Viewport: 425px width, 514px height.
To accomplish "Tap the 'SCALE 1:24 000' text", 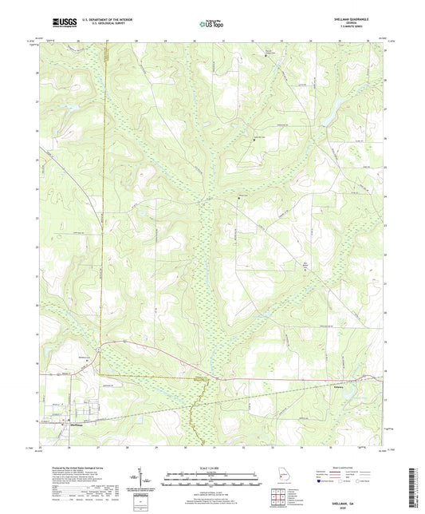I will point(212,467).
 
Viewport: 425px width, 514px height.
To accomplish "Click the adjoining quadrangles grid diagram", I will point(280,500).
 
